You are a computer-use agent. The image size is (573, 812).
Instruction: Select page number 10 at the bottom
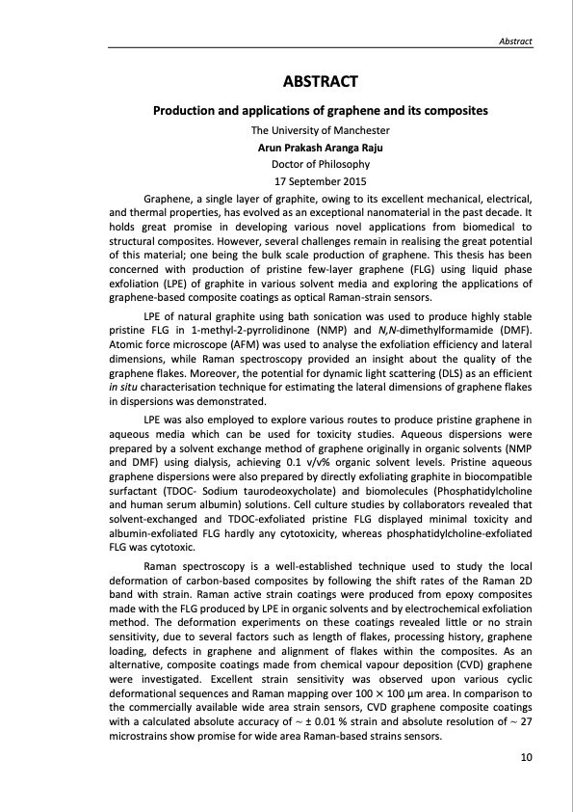tap(526, 757)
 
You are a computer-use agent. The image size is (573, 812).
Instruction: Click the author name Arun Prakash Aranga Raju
tap(320, 148)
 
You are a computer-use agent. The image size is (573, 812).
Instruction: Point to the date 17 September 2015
tap(320, 180)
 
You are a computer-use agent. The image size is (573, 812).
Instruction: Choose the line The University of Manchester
tap(320, 130)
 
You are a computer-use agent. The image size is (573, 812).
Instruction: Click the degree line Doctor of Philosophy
tap(320, 164)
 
